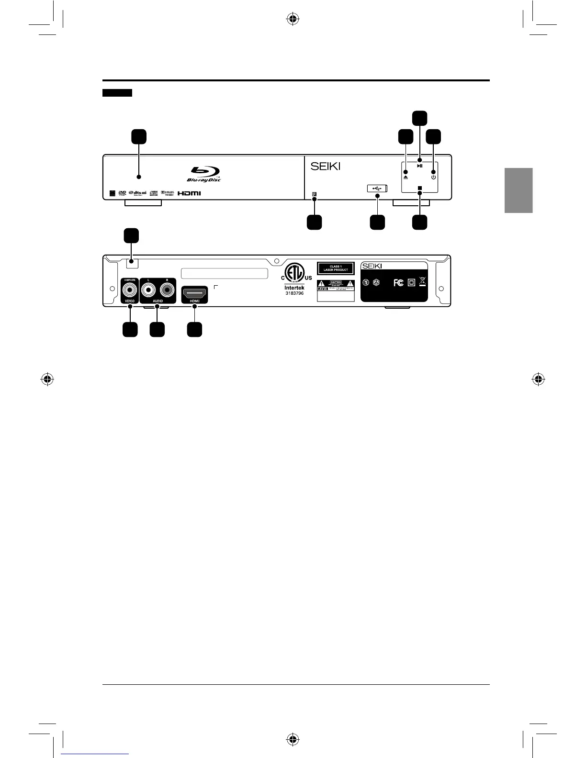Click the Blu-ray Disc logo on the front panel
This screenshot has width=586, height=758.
click(x=204, y=174)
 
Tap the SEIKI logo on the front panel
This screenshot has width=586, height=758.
click(x=326, y=166)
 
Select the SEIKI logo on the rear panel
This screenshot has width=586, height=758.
click(x=372, y=266)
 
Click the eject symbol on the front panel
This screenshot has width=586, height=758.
click(x=406, y=177)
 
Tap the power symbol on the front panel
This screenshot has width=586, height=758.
click(x=433, y=177)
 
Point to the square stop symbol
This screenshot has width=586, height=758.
click(x=419, y=188)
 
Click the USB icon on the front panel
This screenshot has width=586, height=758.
click(x=377, y=189)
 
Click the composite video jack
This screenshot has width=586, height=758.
click(x=130, y=290)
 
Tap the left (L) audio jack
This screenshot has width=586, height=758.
click(x=149, y=290)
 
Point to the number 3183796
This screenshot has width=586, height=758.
click(x=294, y=293)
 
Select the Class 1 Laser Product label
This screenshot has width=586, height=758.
click(x=335, y=268)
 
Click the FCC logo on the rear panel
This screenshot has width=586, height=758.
click(x=398, y=283)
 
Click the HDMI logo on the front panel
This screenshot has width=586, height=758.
click(x=190, y=193)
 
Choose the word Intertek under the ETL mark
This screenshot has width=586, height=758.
click(x=294, y=288)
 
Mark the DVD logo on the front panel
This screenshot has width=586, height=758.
click(x=122, y=193)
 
